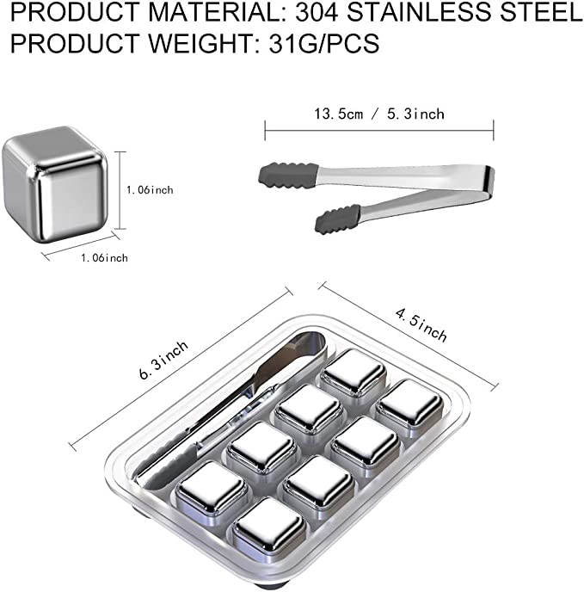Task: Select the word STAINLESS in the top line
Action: (420, 11)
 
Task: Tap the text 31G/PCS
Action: (324, 43)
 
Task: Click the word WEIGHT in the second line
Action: (200, 43)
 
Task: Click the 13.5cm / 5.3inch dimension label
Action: (379, 114)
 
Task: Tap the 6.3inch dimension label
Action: (163, 360)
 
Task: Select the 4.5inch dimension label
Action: (421, 324)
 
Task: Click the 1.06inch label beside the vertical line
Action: (150, 189)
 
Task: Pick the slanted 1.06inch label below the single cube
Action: (104, 258)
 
